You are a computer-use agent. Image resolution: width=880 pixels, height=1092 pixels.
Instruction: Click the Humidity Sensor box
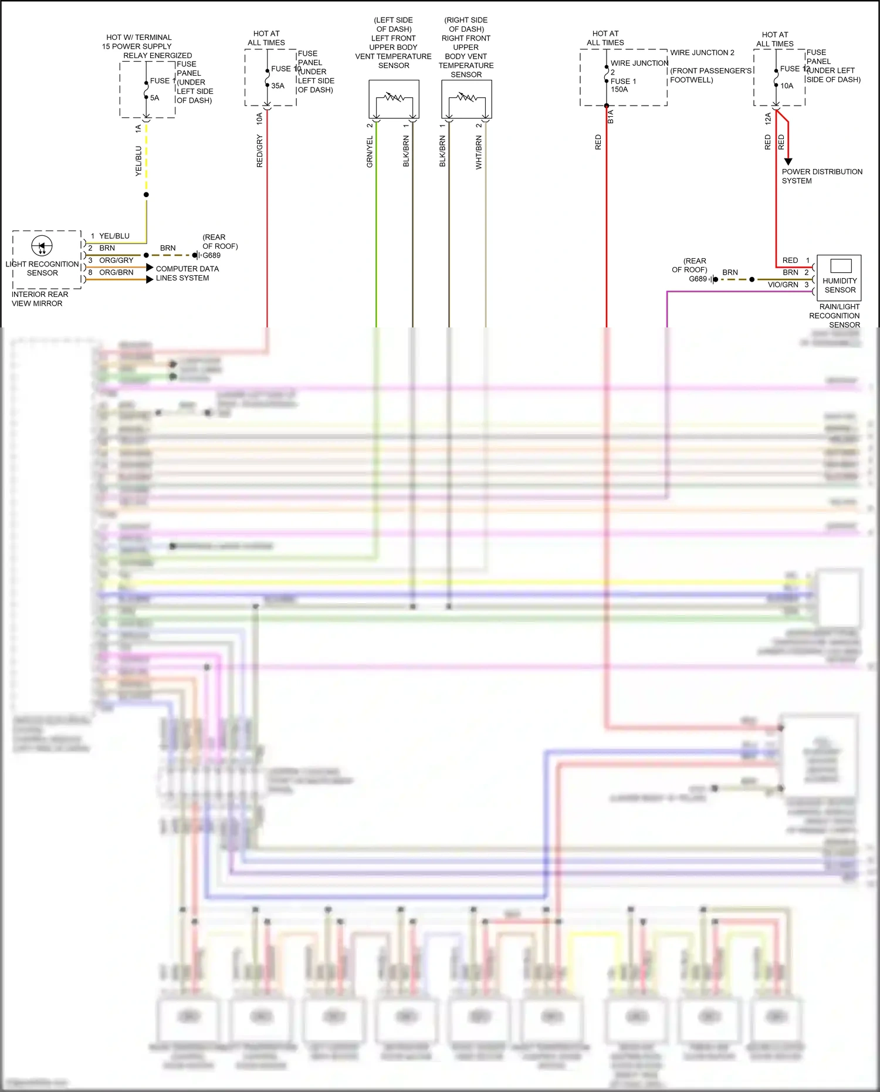pos(839,278)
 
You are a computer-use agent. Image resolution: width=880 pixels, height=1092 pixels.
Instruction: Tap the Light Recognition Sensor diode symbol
pos(42,246)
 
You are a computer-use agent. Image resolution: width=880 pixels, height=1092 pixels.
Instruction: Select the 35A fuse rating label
pos(277,86)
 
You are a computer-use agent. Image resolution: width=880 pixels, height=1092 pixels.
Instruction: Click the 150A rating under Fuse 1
pos(619,90)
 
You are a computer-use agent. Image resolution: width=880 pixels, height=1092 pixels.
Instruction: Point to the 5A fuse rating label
pos(154,98)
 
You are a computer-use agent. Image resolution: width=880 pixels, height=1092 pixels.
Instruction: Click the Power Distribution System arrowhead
pos(788,161)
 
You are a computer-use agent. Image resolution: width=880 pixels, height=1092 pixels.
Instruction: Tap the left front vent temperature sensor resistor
pos(393,97)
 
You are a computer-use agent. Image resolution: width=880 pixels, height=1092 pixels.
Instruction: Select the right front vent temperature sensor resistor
pos(466,97)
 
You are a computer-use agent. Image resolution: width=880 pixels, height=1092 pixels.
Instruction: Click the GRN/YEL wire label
pos(370,152)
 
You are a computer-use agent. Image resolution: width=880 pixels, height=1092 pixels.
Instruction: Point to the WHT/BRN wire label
pos(479,153)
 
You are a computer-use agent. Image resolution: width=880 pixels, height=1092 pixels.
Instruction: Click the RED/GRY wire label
pos(259,151)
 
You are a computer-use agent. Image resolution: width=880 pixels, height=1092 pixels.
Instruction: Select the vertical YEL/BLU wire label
pos(138,161)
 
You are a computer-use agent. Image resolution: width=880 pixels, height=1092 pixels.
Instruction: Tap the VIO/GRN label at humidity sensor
pos(783,285)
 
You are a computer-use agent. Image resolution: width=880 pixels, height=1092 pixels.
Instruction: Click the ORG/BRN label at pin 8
pos(116,272)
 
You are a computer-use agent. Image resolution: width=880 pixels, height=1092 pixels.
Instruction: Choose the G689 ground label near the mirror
pos(211,255)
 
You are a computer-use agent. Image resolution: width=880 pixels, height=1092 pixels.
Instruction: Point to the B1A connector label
pos(610,116)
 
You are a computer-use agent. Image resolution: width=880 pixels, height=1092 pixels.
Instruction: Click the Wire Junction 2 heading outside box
pos(702,53)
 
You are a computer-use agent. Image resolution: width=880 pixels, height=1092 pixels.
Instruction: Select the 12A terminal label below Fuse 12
pos(767,119)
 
